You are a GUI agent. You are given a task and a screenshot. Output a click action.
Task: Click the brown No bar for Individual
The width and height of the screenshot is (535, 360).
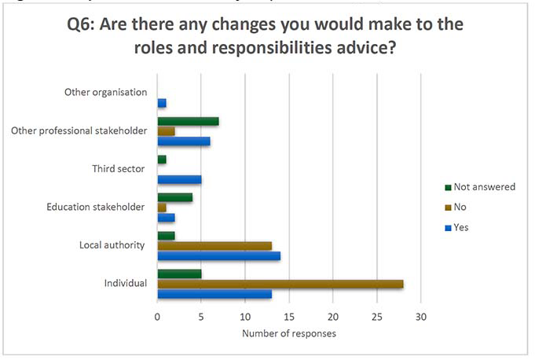(280, 284)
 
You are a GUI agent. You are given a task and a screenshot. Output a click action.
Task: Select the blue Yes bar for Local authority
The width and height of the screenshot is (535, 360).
(218, 255)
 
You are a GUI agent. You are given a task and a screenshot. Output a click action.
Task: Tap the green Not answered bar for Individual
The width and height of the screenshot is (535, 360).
(179, 274)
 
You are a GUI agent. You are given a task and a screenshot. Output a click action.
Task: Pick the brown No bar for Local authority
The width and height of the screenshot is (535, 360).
(214, 245)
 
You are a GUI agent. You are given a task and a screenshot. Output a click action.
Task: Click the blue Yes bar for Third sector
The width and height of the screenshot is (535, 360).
(179, 179)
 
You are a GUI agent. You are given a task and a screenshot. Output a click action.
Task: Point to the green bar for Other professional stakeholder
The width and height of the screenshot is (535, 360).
(188, 121)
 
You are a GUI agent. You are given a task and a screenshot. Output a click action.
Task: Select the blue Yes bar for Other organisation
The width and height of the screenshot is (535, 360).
(162, 103)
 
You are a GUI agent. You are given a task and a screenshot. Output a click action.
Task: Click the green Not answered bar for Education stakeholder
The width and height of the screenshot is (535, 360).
(174, 197)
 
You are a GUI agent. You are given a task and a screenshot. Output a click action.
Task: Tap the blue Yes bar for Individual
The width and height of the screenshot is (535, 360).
(214, 294)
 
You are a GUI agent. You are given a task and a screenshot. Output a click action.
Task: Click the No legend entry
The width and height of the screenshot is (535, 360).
(460, 207)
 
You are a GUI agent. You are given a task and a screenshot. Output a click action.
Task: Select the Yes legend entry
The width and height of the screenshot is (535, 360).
(461, 227)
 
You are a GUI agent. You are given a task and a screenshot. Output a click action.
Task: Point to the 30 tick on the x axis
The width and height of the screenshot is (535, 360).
(421, 318)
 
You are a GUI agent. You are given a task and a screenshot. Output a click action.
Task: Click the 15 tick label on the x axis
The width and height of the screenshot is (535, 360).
(289, 318)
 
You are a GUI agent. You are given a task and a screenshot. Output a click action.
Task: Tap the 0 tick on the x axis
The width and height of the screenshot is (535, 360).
(158, 318)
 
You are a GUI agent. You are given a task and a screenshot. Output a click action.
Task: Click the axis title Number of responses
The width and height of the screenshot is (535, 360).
(288, 334)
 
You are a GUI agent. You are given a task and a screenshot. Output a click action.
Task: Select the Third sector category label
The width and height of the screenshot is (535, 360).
(118, 169)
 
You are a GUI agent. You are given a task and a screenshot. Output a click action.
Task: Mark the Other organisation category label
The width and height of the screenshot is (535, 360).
(105, 93)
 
